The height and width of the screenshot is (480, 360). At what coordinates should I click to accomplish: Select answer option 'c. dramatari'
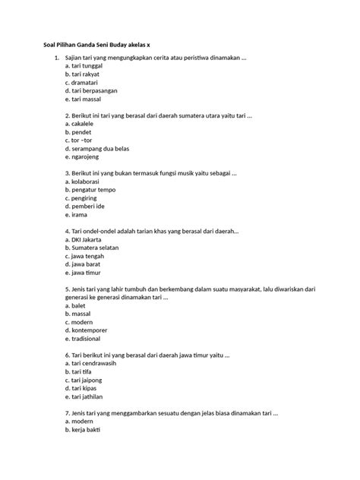[x=82, y=84]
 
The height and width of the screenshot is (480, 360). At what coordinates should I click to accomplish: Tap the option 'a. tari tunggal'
[x=84, y=67]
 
